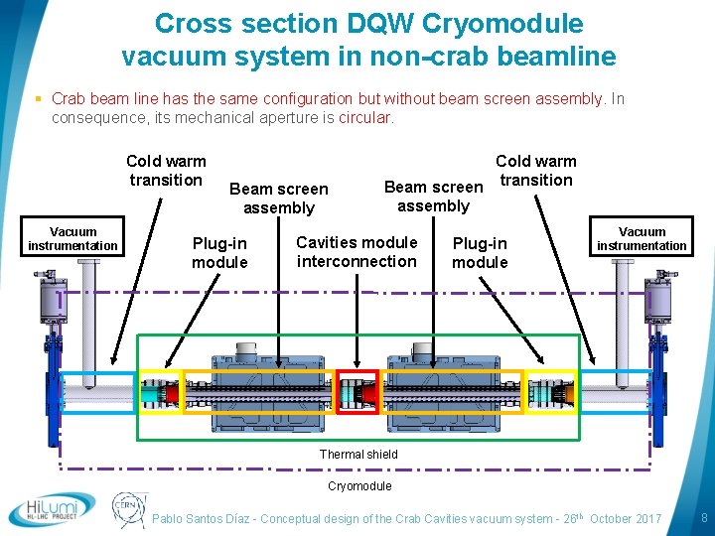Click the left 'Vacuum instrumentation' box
click(73, 239)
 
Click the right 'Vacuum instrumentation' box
click(642, 239)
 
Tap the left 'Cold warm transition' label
click(166, 170)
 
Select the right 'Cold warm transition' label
click(535, 170)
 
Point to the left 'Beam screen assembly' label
click(278, 198)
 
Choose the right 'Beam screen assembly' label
click(433, 196)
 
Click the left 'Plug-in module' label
click(219, 252)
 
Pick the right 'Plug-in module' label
click(480, 252)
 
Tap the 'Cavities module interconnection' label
click(357, 251)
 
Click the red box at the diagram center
click(357, 390)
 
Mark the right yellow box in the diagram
click(550, 390)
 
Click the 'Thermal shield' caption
click(358, 455)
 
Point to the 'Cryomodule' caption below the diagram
click(359, 486)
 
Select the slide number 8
click(703, 518)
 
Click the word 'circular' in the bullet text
click(365, 117)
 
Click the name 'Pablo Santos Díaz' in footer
click(203, 519)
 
